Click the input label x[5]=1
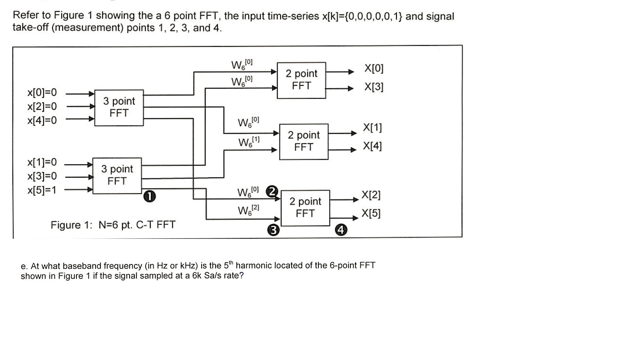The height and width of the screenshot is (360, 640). point(42,190)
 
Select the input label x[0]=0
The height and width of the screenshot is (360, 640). point(42,93)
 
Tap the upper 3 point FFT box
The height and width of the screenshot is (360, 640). point(119,107)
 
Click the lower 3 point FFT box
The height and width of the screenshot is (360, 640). point(117,175)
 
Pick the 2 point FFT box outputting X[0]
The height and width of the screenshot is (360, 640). point(301,80)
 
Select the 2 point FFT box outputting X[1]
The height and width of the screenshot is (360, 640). point(304,141)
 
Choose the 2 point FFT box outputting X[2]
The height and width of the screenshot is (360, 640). point(305,208)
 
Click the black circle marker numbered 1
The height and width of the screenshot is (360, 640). point(149,196)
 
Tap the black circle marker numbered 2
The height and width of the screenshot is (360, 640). point(272,191)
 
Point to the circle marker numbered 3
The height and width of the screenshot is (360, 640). point(273,230)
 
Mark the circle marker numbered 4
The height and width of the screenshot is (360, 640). point(341,230)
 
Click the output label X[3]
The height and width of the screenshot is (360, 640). point(374,87)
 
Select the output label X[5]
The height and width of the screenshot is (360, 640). point(371,213)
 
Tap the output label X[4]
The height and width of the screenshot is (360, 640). point(372,146)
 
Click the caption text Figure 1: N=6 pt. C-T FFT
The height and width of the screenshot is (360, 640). point(113,225)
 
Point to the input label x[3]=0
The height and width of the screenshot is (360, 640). point(42,176)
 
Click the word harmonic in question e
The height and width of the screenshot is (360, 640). point(254,265)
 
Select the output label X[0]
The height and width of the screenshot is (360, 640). point(374,68)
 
